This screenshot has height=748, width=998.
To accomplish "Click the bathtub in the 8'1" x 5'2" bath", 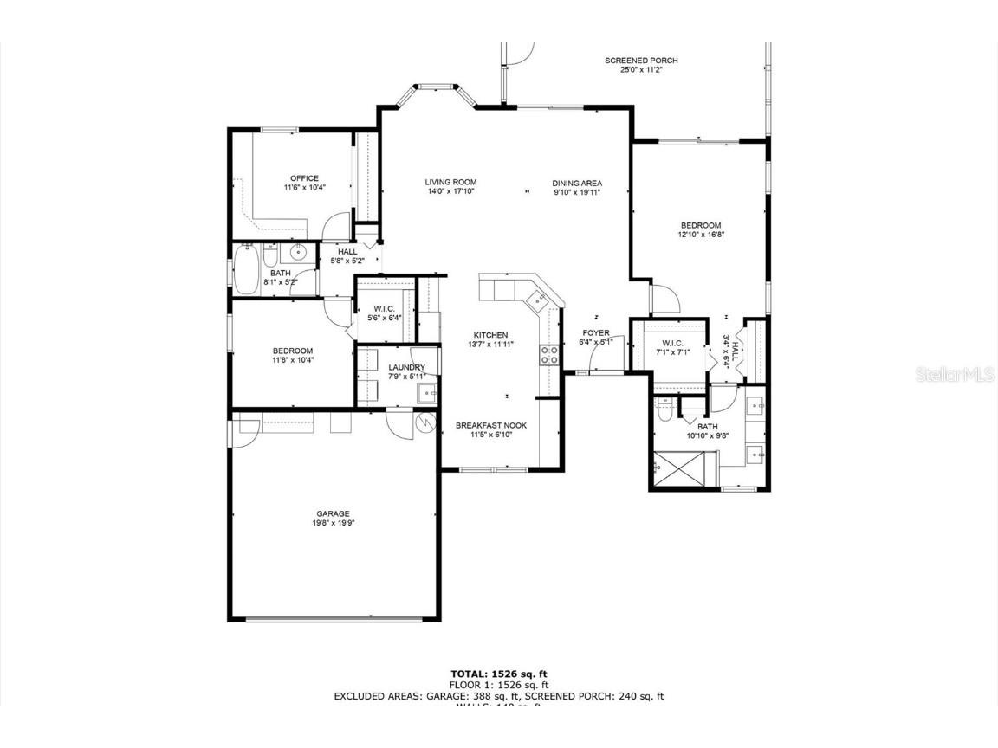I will coord(246,268).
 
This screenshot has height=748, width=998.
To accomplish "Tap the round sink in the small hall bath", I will coord(298,254).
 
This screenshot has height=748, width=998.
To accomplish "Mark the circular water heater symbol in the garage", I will coord(425,422).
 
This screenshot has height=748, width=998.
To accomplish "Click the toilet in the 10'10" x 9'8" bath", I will coord(664,411).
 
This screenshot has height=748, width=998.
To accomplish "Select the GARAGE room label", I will coord(333,513).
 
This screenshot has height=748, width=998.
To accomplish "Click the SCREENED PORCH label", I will coord(641,61).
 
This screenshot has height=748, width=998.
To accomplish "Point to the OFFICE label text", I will coord(304,178).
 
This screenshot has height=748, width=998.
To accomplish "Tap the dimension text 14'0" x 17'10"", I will coord(450,191).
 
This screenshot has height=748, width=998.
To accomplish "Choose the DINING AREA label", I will coord(577,183).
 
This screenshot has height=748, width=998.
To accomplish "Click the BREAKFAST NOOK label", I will coord(491,425).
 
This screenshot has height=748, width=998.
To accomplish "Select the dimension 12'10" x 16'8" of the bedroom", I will coord(699,235).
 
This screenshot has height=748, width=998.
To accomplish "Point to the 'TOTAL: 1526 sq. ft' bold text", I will coord(499,674).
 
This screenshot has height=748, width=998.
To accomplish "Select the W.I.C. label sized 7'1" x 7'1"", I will coord(673,343).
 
